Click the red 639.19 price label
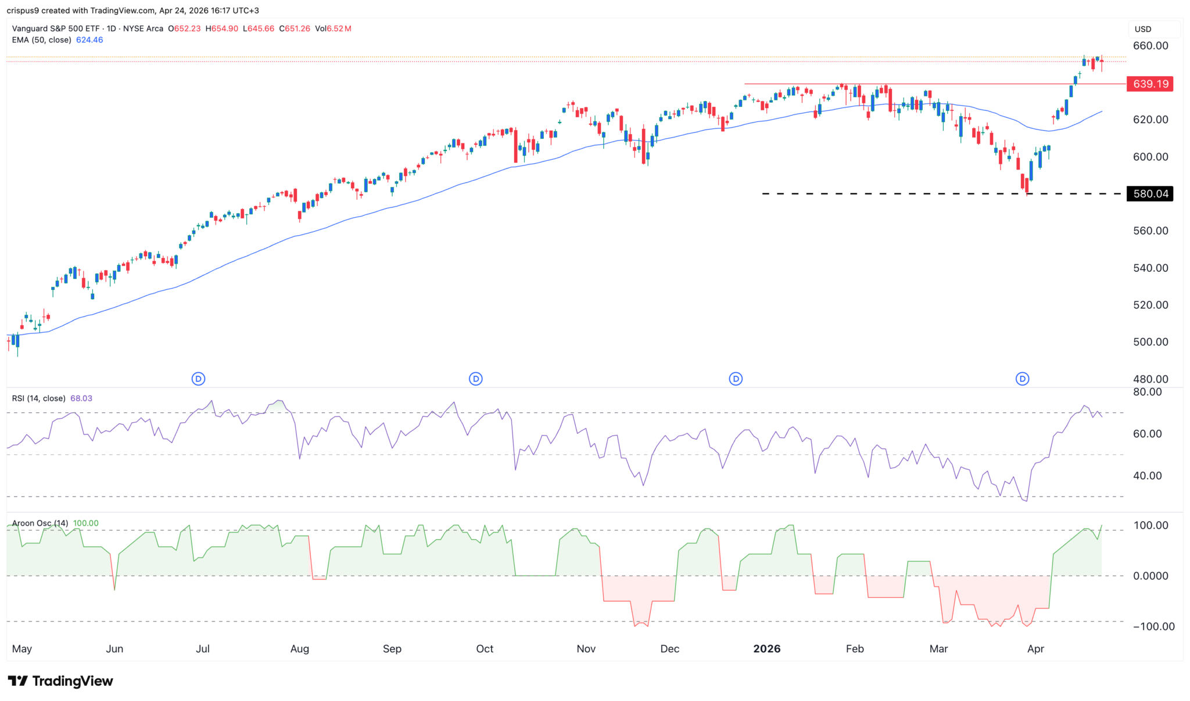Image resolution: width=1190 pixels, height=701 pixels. coord(1150,84)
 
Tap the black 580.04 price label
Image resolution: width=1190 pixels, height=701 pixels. coord(1150,194)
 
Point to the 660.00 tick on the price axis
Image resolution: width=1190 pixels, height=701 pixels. coord(1150,46)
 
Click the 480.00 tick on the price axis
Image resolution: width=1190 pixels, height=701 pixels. coord(1150,379)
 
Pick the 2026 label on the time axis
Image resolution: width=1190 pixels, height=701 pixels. coord(766,649)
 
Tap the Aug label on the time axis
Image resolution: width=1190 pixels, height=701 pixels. coord(299,649)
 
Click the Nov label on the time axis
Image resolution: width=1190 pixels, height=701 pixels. coord(586,649)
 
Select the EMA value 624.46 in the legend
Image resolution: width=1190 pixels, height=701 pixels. coord(89,40)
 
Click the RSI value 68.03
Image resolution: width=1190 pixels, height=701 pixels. coord(81,398)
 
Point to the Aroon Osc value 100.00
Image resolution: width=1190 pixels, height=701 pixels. coord(86,523)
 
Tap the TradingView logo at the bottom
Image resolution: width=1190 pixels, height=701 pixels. coord(60,681)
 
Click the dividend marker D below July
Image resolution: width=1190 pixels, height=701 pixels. coord(198,379)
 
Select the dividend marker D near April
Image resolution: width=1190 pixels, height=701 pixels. coord(1022,379)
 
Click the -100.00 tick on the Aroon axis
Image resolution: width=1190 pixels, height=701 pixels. coord(1153,627)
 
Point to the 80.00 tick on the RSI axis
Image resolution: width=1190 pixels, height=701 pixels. coord(1148,392)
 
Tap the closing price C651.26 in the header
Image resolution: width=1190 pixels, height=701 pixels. coord(295,28)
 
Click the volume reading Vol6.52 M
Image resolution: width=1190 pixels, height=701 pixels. coord(333,28)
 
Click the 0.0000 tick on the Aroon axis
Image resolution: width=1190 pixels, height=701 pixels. coord(1150,576)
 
